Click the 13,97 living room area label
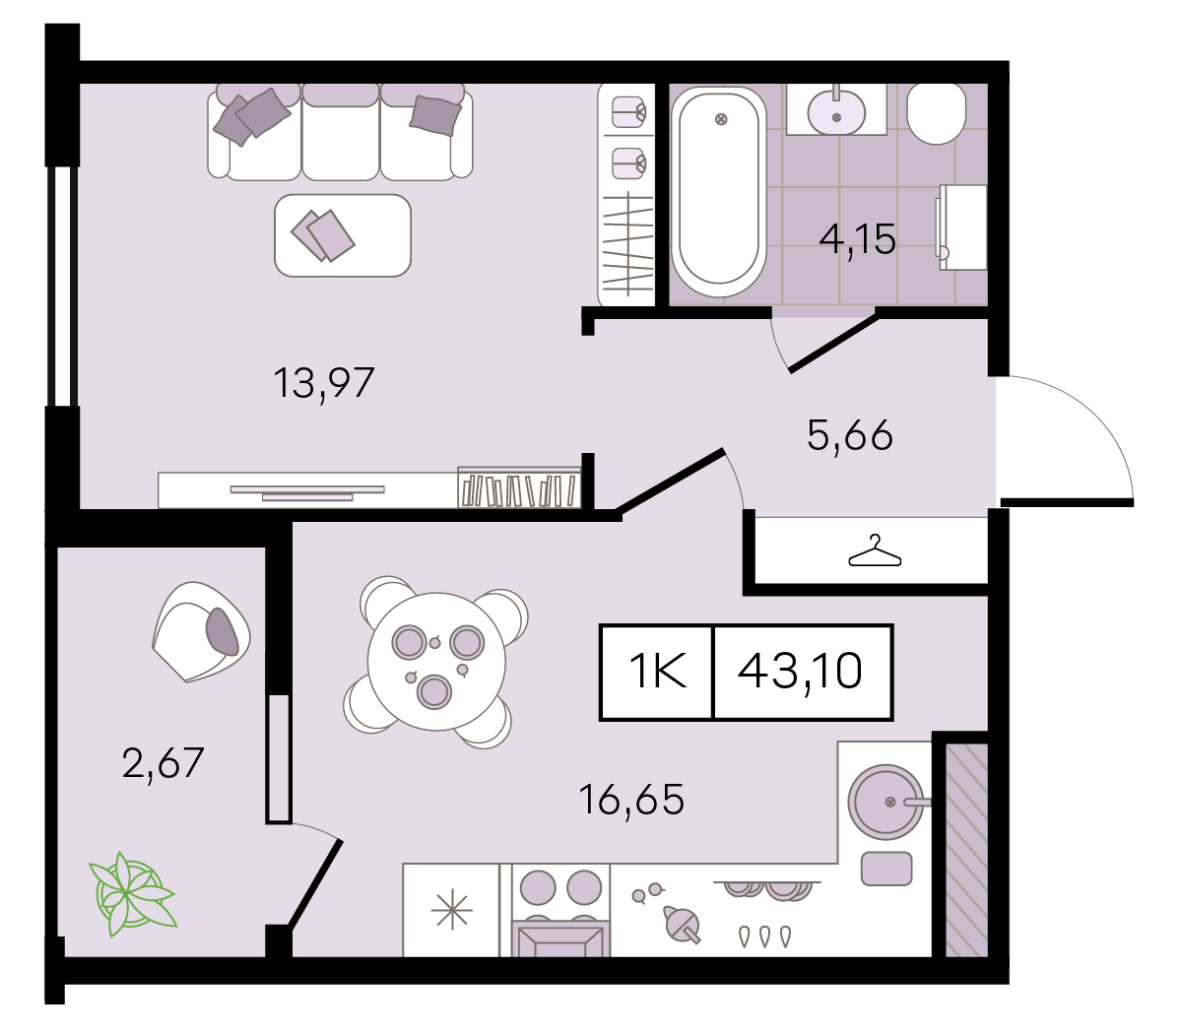tap(323, 383)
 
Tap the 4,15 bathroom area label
tap(857, 238)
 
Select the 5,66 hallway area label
tap(850, 435)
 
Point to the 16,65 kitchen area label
tap(631, 800)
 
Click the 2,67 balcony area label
tap(164, 763)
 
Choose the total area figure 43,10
tap(800, 671)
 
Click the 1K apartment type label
tap(658, 671)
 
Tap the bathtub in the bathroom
tap(719, 192)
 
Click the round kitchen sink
tap(886, 802)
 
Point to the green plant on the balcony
tap(132, 894)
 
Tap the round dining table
tap(436, 662)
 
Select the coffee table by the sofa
tap(343, 235)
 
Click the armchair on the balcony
tap(201, 631)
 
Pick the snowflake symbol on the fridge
tap(452, 910)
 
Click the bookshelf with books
tap(519, 487)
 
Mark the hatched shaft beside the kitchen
tap(966, 850)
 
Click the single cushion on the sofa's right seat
tap(435, 115)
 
